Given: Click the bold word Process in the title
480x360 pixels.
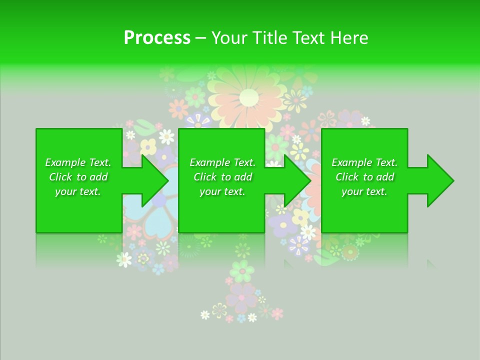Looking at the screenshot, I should (x=157, y=38).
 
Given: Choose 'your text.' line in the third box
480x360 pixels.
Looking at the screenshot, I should (x=364, y=191).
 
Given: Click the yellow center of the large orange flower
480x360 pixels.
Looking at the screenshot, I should (x=248, y=97).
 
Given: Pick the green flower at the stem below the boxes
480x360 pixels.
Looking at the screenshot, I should (x=242, y=270).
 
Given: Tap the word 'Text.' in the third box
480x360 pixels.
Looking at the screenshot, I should (x=386, y=162).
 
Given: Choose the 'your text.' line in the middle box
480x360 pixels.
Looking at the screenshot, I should (x=222, y=191).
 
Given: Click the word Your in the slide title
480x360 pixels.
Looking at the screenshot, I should (x=229, y=38).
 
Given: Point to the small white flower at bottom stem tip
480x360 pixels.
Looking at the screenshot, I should (x=205, y=314).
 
